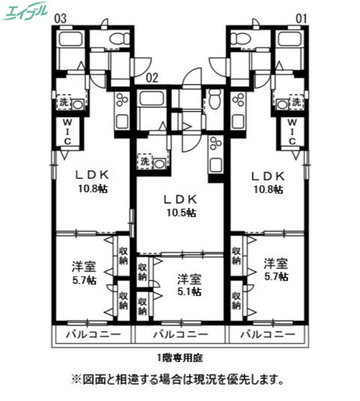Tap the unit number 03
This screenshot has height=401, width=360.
(60, 19)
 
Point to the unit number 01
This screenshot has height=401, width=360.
(300, 19)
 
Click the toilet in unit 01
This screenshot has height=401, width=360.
(241, 38)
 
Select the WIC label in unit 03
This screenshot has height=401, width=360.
(67, 131)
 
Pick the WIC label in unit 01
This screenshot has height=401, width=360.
(293, 131)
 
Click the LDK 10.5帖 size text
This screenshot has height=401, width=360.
(181, 213)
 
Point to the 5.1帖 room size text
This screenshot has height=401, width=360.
(189, 291)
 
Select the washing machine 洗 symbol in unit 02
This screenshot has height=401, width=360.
(144, 161)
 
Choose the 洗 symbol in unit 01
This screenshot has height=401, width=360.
(297, 102)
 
